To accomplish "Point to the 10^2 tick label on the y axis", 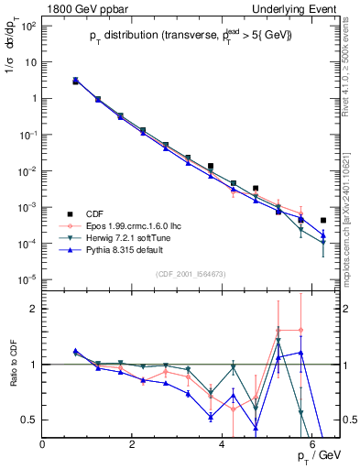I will pos(28,26).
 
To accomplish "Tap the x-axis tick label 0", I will pos(43,445).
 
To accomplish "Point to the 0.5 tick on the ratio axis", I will pos(30,420).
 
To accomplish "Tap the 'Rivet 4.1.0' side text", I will pos(350,73).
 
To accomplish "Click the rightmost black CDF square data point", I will pos(323,221).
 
